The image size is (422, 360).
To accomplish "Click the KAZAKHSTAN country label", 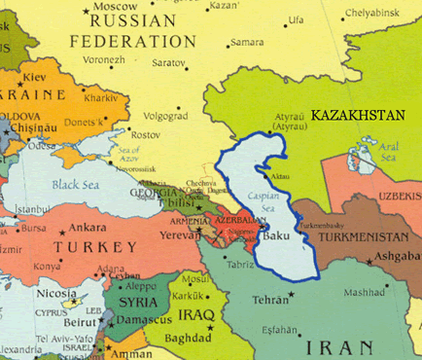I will click(357, 115).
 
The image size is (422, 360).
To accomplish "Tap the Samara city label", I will click(246, 42).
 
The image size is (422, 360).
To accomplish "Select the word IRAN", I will click(339, 347).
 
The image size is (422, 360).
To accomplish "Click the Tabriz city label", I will click(241, 265).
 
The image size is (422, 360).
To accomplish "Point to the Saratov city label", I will click(168, 61).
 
